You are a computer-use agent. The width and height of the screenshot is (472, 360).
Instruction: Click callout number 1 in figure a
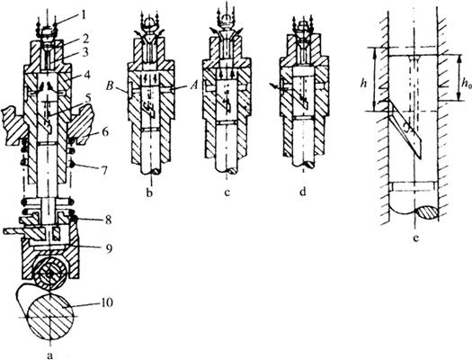(84, 15)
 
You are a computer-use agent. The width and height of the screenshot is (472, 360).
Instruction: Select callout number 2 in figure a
(85, 40)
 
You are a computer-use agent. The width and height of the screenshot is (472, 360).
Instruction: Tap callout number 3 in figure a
(86, 53)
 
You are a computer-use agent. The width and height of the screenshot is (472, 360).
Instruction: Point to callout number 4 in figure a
(87, 74)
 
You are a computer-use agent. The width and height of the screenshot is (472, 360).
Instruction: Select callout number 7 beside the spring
(105, 171)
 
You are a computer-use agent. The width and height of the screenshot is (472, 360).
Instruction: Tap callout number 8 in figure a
(109, 220)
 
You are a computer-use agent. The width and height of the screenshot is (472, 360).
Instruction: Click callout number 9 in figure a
(109, 248)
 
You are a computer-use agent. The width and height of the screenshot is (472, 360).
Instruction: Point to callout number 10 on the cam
(107, 302)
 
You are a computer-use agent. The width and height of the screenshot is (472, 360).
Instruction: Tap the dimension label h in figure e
(363, 84)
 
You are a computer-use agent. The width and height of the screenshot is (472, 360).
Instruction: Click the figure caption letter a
(50, 355)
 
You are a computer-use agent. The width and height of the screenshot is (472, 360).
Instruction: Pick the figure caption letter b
(149, 193)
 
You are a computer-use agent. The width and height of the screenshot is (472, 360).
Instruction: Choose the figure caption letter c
(227, 193)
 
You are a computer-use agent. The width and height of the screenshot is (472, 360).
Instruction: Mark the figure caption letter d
(302, 192)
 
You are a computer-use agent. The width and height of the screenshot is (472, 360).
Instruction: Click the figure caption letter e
(416, 238)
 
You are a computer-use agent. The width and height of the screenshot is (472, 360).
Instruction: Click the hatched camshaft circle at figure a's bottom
(50, 317)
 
